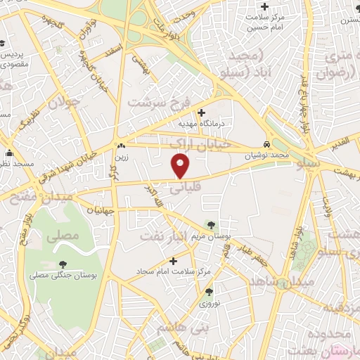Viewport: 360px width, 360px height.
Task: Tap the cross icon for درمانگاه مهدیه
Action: (202, 112)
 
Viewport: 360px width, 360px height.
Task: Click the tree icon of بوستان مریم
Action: (210, 224)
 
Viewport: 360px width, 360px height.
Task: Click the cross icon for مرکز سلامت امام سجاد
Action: (173, 261)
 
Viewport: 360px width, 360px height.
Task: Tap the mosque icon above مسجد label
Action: (9, 153)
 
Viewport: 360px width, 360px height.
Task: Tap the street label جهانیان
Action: (101, 210)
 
